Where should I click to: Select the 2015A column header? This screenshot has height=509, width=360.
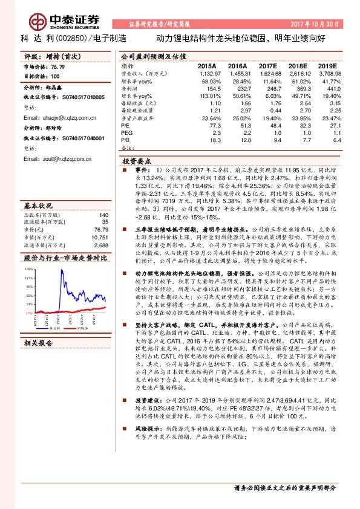click(x=207, y=65)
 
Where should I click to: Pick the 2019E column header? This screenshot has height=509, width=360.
click(x=328, y=65)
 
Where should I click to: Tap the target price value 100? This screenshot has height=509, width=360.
click(x=55, y=77)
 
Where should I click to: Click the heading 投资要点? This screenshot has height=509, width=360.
click(x=136, y=162)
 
